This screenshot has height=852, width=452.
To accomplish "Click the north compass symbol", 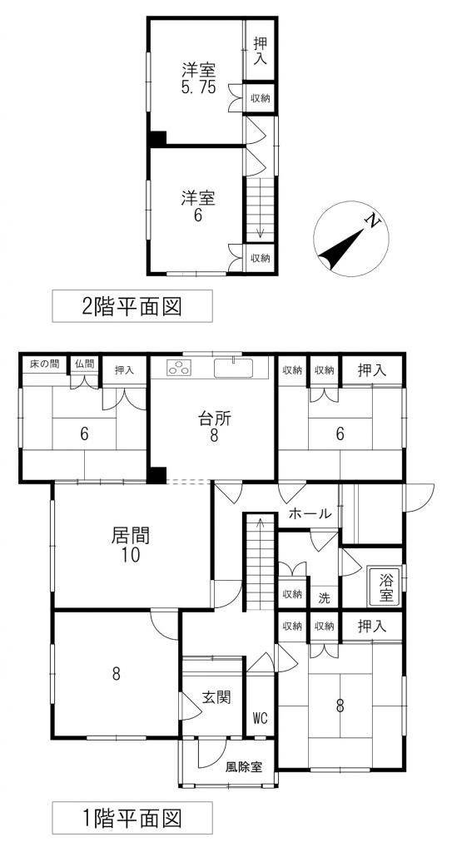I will pyautogui.click(x=350, y=242).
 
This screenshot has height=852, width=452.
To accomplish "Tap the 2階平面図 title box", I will pyautogui.click(x=132, y=306).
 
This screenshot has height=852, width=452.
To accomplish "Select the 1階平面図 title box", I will pyautogui.click(x=132, y=817).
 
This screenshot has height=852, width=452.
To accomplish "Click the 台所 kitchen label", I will pyautogui.click(x=213, y=427).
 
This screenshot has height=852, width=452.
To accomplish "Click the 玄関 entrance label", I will pyautogui.click(x=216, y=697).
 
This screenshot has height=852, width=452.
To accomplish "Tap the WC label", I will pyautogui.click(x=261, y=717).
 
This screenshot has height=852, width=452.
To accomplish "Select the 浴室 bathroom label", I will pyautogui.click(x=385, y=587).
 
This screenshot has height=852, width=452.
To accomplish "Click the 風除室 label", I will pyautogui.click(x=244, y=767).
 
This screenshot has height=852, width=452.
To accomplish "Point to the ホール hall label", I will pyautogui.click(x=310, y=514).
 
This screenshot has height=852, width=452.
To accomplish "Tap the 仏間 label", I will pyautogui.click(x=84, y=364).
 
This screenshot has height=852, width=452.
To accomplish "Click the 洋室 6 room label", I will pyautogui.click(x=198, y=206).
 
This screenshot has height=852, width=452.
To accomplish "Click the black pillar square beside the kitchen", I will pyautogui.click(x=156, y=475).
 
